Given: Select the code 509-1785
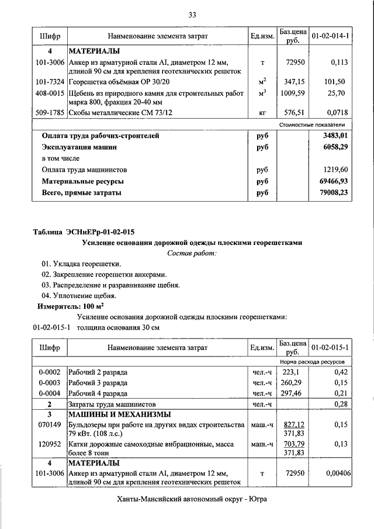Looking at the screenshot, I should pyautogui.click(x=50, y=113).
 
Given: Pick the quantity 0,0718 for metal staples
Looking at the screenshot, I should pyautogui.click(x=336, y=113).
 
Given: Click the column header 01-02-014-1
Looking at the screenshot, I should pyautogui.click(x=331, y=36).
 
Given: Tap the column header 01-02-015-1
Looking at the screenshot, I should pyautogui.click(x=331, y=348).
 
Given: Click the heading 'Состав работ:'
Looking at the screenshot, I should pyautogui.click(x=192, y=253).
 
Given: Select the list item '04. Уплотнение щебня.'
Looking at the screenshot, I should pyautogui.click(x=75, y=296).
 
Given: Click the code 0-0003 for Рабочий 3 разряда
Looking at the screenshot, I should pyautogui.click(x=50, y=382).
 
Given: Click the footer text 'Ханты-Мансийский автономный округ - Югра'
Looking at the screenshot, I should pyautogui.click(x=192, y=499).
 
